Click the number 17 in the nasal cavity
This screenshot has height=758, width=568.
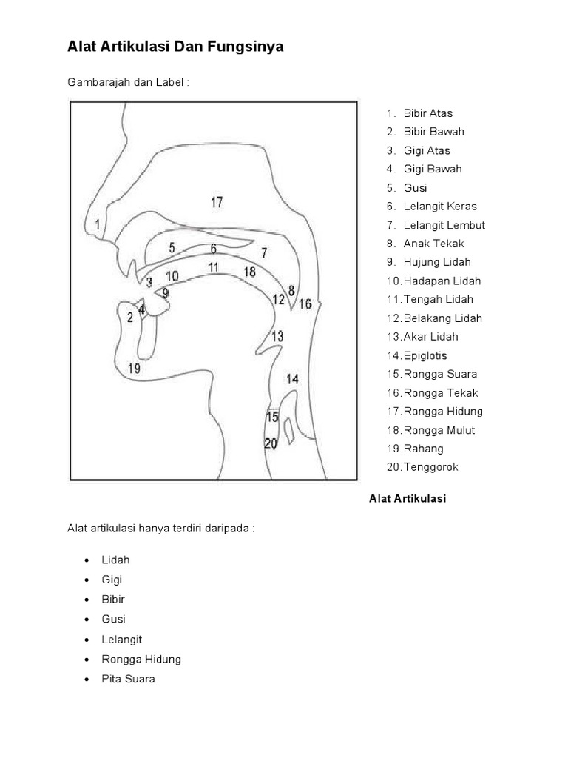point(217,201)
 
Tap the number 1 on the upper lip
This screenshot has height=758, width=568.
point(98,223)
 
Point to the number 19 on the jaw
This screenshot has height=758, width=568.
point(134,368)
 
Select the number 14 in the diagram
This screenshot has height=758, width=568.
point(293,379)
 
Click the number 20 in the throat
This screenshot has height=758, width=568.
point(271,444)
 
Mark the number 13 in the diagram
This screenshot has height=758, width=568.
point(277,336)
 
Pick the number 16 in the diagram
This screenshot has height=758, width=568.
point(305,303)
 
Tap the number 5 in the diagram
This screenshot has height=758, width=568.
point(172,248)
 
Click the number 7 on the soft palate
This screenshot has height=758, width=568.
point(264,252)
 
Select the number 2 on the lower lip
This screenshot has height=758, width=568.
point(130,318)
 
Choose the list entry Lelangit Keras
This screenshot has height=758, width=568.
point(440,207)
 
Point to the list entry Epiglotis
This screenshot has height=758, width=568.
point(425,355)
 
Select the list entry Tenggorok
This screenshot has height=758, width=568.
point(431,467)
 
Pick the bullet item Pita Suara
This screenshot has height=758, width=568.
point(129,679)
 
